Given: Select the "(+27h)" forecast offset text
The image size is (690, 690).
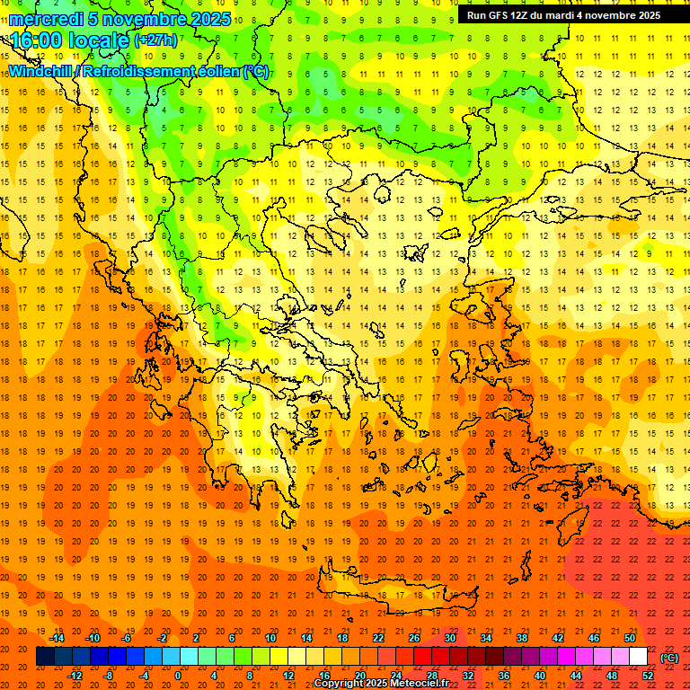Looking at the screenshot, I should pyautogui.click(x=155, y=40).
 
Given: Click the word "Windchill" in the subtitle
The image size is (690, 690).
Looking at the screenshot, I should pyautogui.click(x=41, y=71).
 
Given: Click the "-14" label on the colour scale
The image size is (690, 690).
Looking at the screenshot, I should pyautogui.click(x=57, y=638).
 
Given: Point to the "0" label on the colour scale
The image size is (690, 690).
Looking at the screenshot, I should pyautogui.click(x=178, y=676).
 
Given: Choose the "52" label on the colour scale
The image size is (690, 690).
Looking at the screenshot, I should pyautogui.click(x=648, y=676).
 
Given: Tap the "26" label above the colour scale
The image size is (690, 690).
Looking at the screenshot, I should pyautogui.click(x=414, y=638).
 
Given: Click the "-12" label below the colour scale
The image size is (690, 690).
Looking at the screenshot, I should pyautogui.click(x=75, y=676).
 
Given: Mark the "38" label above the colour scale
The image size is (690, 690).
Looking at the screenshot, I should pyautogui.click(x=521, y=638).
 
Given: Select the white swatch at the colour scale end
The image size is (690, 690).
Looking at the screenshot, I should pyautogui.click(x=639, y=657).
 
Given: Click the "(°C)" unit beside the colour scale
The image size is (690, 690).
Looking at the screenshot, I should pyautogui.click(x=669, y=658).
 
